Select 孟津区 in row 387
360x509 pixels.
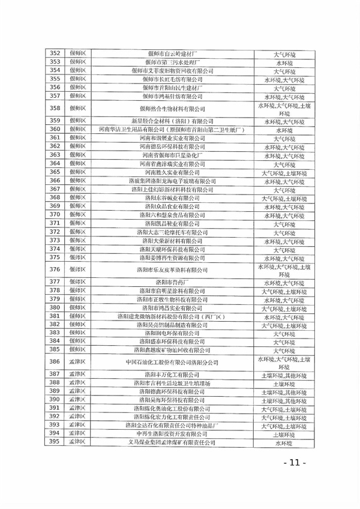point(79,373)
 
